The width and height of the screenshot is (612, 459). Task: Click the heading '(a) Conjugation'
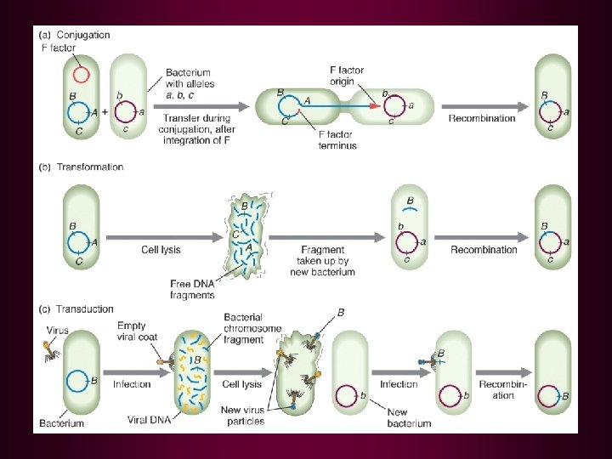(x=75, y=35)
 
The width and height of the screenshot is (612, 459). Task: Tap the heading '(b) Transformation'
(x=81, y=167)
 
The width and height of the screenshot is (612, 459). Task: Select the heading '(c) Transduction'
(x=76, y=309)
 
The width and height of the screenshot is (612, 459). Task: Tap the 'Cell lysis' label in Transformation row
(x=161, y=250)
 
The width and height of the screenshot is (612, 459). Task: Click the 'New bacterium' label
(x=409, y=418)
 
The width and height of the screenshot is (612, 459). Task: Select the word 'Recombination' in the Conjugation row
(x=482, y=118)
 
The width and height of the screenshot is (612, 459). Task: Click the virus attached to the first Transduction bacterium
(x=49, y=351)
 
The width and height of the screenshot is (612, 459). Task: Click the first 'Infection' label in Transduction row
(x=132, y=384)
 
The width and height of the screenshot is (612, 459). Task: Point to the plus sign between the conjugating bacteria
(x=105, y=111)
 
